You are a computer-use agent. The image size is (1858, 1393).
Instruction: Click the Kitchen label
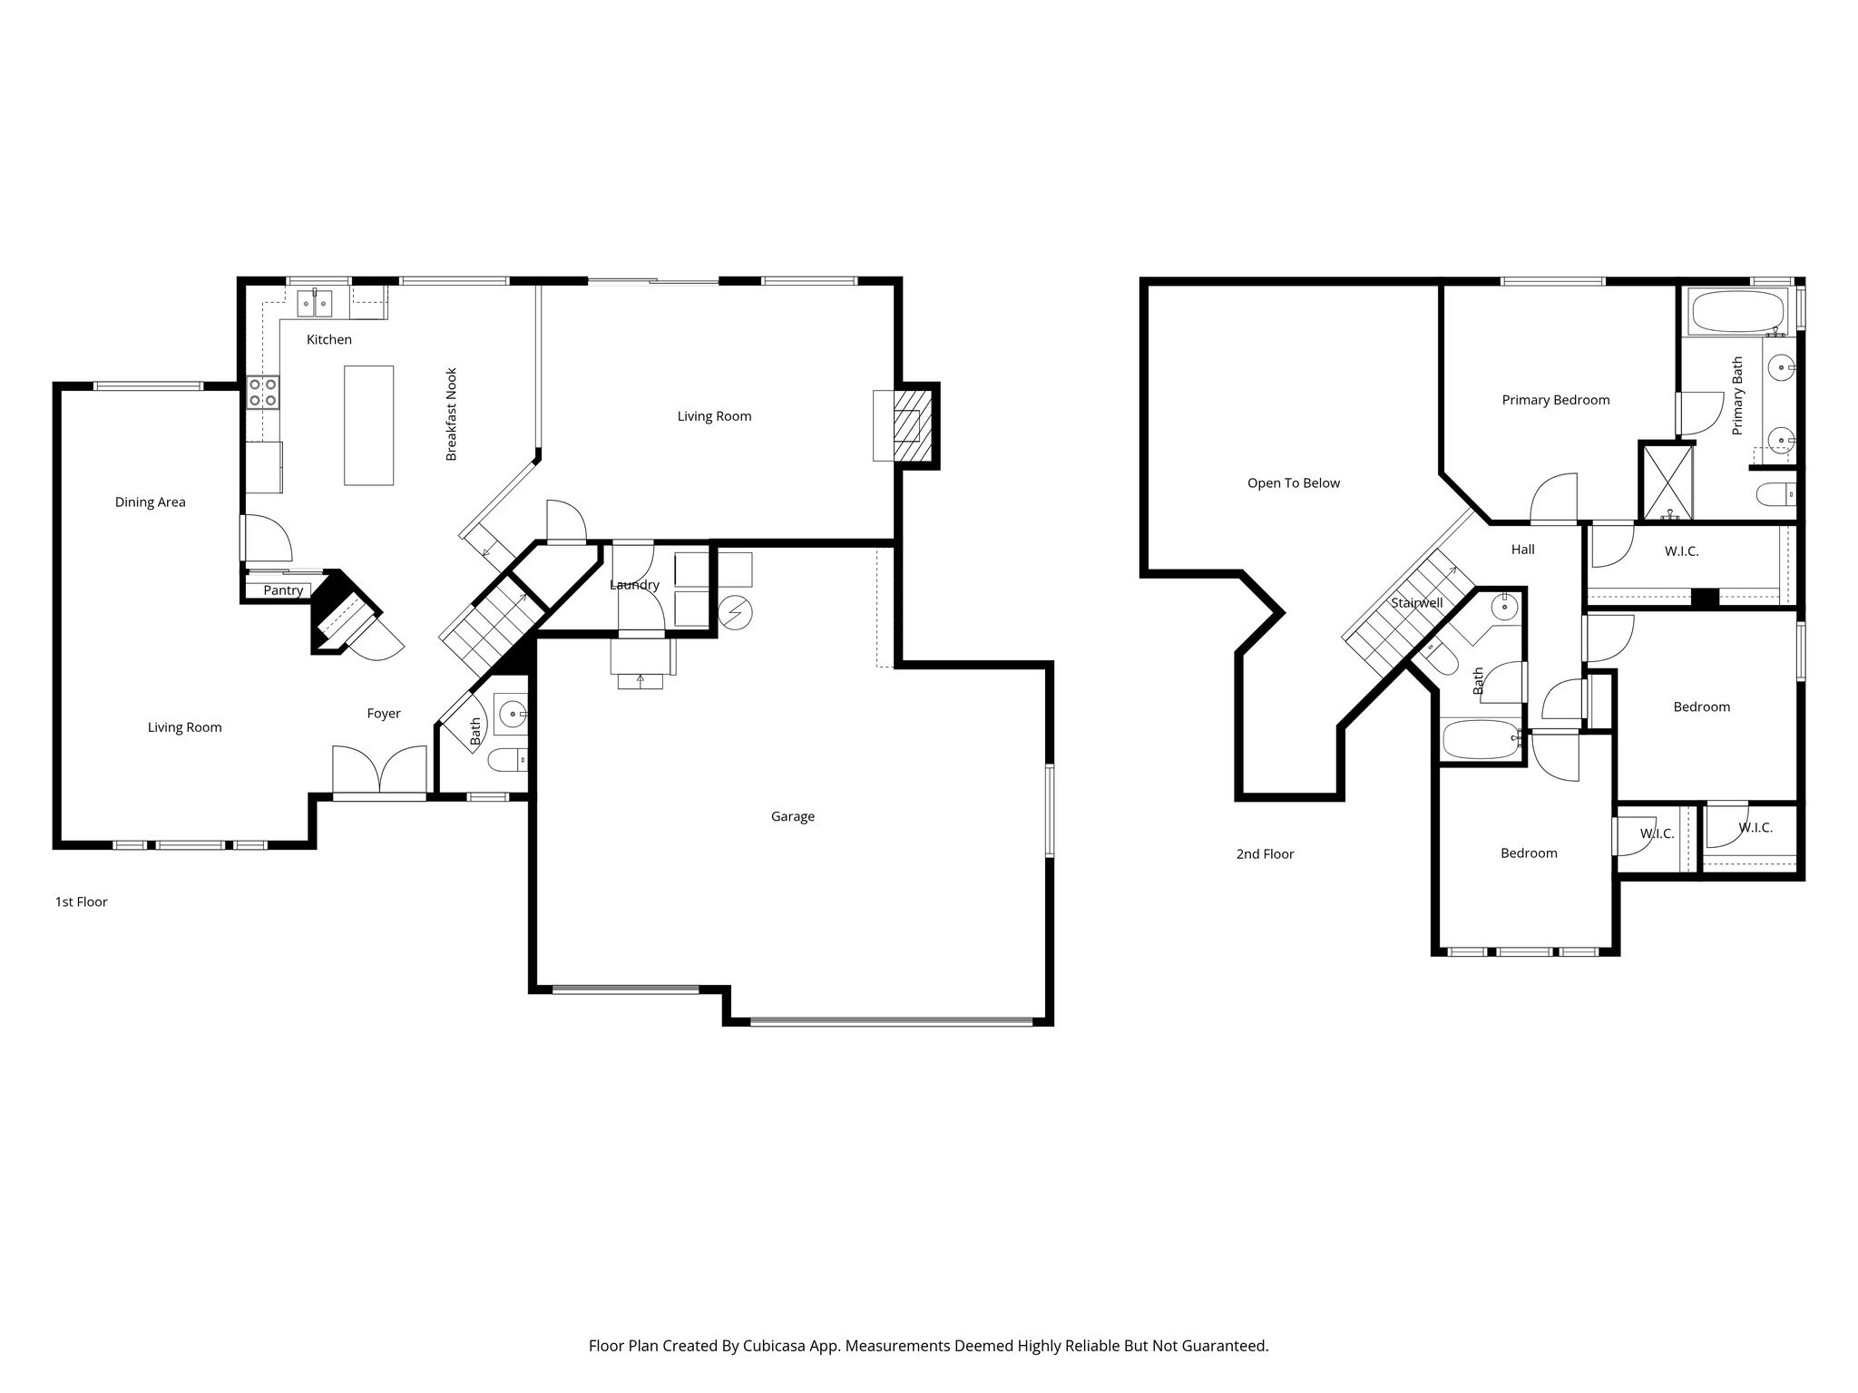click(328, 340)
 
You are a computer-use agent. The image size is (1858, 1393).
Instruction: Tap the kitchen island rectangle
click(368, 425)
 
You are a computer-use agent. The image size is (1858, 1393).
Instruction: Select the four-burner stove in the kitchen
click(263, 392)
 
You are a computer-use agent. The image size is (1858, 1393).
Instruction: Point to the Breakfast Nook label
click(451, 414)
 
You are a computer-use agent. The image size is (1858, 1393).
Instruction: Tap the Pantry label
click(283, 590)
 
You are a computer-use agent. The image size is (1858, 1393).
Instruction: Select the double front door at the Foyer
click(379, 771)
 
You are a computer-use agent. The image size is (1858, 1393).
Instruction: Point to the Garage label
click(792, 816)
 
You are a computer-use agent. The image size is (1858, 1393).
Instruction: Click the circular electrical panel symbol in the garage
click(735, 614)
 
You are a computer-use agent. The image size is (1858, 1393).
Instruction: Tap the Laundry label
click(634, 585)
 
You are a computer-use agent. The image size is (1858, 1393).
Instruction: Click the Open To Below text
click(1293, 483)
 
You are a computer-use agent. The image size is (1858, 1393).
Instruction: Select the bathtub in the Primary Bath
click(1738, 311)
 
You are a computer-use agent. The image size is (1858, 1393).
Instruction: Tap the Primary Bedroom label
click(1555, 400)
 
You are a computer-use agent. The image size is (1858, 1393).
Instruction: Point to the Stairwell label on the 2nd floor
click(1416, 603)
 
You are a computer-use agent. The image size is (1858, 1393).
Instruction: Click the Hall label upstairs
click(1522, 550)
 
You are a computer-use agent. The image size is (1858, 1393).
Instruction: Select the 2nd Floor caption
click(1265, 854)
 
